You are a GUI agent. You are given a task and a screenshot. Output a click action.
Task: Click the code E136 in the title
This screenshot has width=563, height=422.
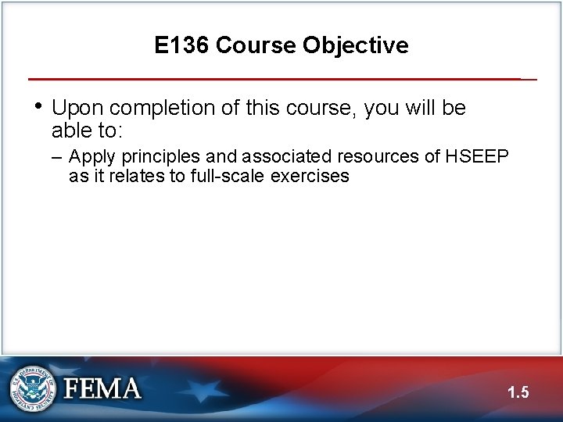click(181, 45)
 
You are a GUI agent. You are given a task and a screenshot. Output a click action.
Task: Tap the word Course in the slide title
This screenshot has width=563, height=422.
click(255, 45)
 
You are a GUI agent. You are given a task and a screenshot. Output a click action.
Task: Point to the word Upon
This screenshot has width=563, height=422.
click(77, 108)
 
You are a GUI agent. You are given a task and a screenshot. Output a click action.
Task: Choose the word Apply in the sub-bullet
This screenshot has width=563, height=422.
click(92, 157)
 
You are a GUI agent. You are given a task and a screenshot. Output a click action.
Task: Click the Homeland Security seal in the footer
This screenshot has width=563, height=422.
click(32, 388)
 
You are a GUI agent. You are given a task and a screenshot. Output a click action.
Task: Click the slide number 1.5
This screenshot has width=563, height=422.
click(518, 392)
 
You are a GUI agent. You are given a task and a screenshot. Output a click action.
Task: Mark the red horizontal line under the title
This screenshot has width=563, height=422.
click(274, 79)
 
